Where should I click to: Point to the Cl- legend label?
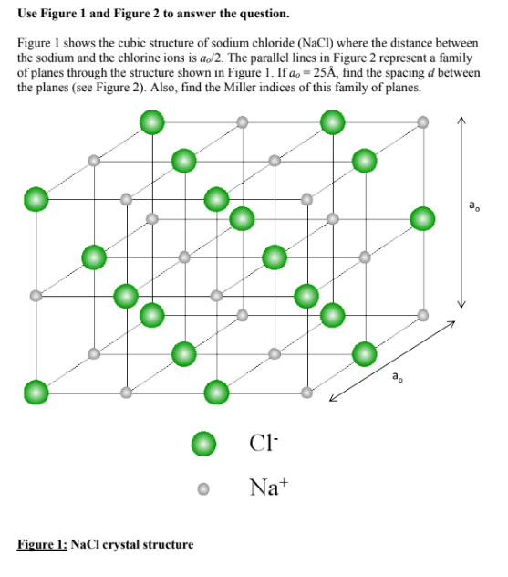pos(259,446)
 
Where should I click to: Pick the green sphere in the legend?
pos(205,445)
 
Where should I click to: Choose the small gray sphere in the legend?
pos(205,488)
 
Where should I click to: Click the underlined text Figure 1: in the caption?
pos(43,545)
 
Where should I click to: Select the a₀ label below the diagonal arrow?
pos(396,375)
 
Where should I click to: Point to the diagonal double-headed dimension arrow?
pos(389,360)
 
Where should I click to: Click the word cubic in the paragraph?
pos(120,44)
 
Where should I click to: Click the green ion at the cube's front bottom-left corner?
pos(36,392)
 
